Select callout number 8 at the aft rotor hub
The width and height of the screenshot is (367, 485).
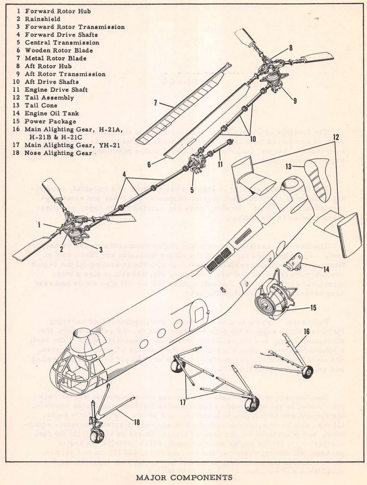coord(290,48)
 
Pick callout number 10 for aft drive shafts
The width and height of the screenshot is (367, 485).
coord(253,139)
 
